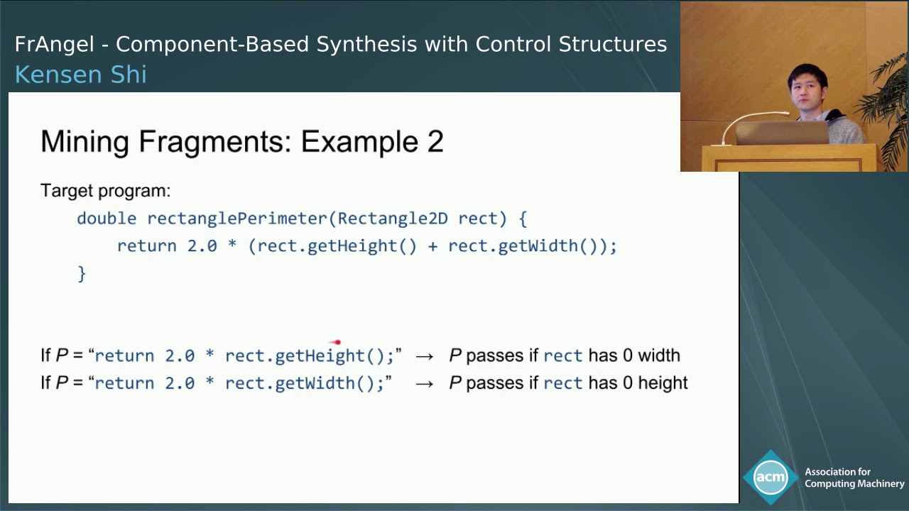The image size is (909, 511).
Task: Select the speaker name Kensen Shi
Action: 80,75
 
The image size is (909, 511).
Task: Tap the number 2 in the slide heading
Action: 435,142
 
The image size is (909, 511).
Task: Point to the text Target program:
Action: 105,191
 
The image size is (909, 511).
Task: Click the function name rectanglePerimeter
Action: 237,219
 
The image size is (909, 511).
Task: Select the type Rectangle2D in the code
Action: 392,219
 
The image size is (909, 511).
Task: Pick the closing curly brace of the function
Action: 82,273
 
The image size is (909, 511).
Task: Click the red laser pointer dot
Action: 337,343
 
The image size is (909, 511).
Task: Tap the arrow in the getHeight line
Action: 424,356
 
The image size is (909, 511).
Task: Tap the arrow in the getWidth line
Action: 424,384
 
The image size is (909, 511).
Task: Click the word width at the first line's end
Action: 658,356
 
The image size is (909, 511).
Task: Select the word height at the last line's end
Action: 663,383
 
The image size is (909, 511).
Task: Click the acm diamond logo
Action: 771,477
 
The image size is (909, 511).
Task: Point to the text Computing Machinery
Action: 854,484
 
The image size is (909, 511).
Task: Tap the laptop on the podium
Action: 781,133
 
